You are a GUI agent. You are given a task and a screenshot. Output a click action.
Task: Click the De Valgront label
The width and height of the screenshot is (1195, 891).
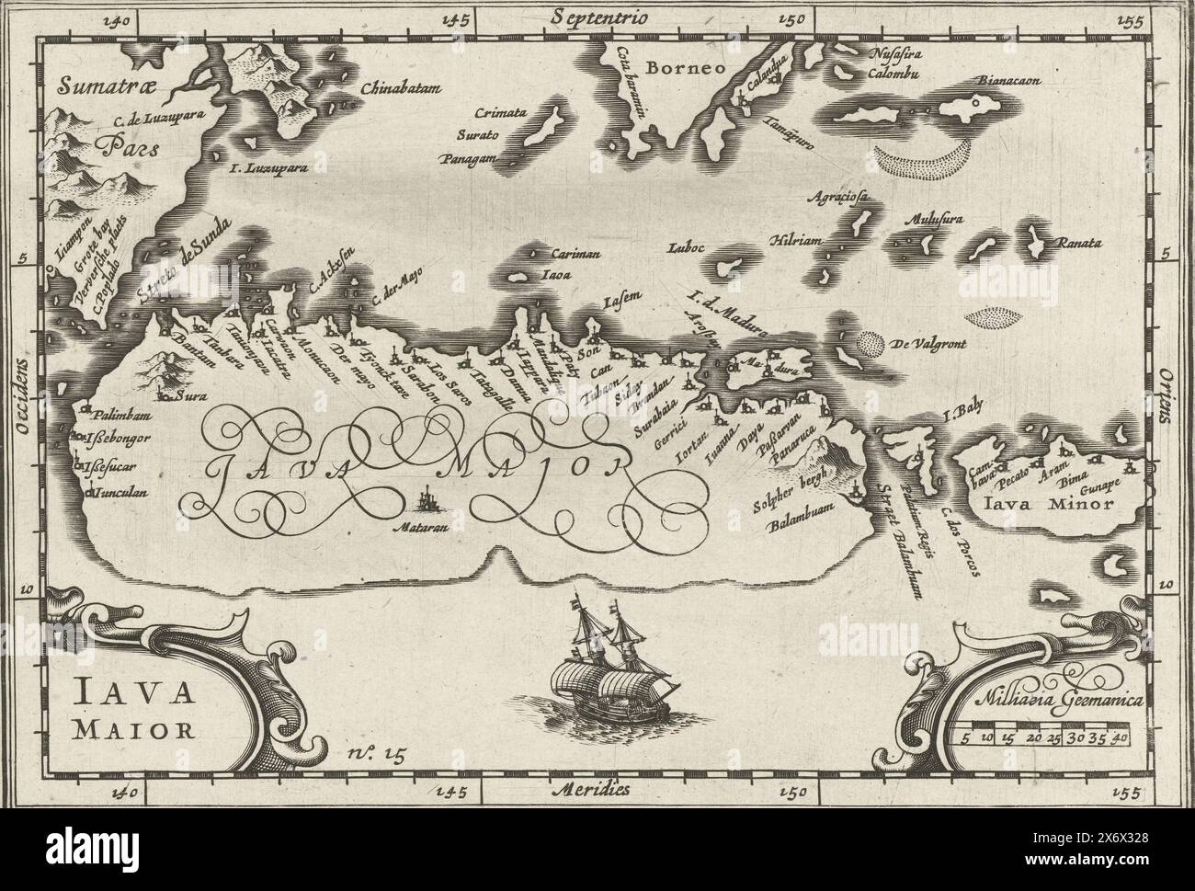click(922, 345)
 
